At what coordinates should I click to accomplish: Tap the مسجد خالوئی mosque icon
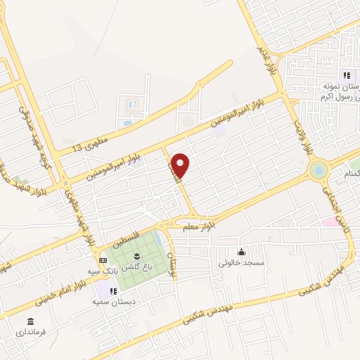(x=242, y=252)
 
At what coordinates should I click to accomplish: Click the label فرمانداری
(x=31, y=330)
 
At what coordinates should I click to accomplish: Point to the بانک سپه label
(x=101, y=270)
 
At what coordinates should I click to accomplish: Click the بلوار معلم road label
(x=198, y=226)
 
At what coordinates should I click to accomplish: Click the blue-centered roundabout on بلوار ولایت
(x=319, y=169)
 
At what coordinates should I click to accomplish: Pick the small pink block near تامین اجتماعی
(x=329, y=221)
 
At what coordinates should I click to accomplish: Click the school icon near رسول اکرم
(x=346, y=75)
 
